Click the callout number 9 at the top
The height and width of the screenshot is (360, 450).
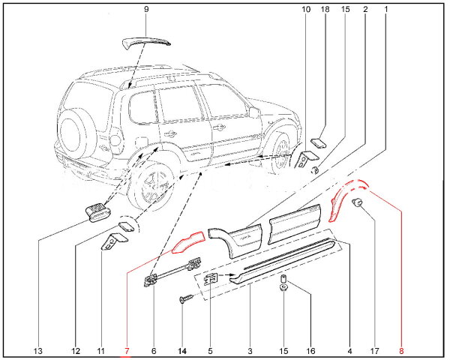pyautogui.click(x=146, y=9)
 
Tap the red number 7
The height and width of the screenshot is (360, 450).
pyautogui.click(x=127, y=350)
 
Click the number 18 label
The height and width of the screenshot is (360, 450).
pyautogui.click(x=325, y=9)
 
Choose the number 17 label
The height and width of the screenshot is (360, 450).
pyautogui.click(x=375, y=350)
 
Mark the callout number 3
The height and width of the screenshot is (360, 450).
pyautogui.click(x=249, y=350)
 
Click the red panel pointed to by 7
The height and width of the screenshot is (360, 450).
pyautogui.click(x=187, y=241)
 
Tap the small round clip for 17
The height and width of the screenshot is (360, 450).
pyautogui.click(x=358, y=205)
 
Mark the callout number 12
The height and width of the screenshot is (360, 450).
pyautogui.click(x=76, y=350)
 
